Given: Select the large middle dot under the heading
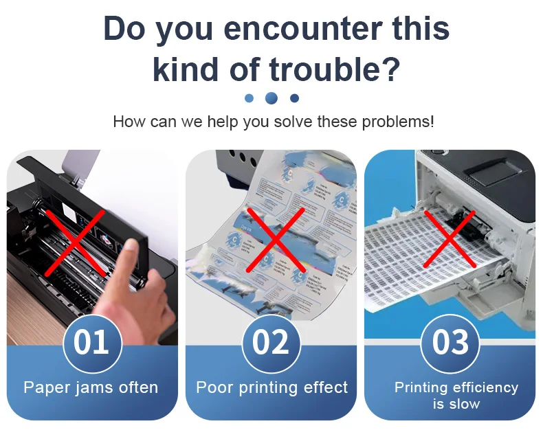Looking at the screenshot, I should point(271,98).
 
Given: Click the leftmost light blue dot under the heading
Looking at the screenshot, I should point(249,98).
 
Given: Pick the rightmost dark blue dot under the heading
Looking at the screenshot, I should point(294,98).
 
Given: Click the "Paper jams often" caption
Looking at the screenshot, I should point(91,387).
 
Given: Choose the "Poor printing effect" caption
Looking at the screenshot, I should point(271,387).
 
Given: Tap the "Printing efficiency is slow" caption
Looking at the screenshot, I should point(456,395).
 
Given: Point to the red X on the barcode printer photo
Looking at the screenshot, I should point(450,238).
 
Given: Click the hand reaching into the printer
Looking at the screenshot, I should point(148,289).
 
